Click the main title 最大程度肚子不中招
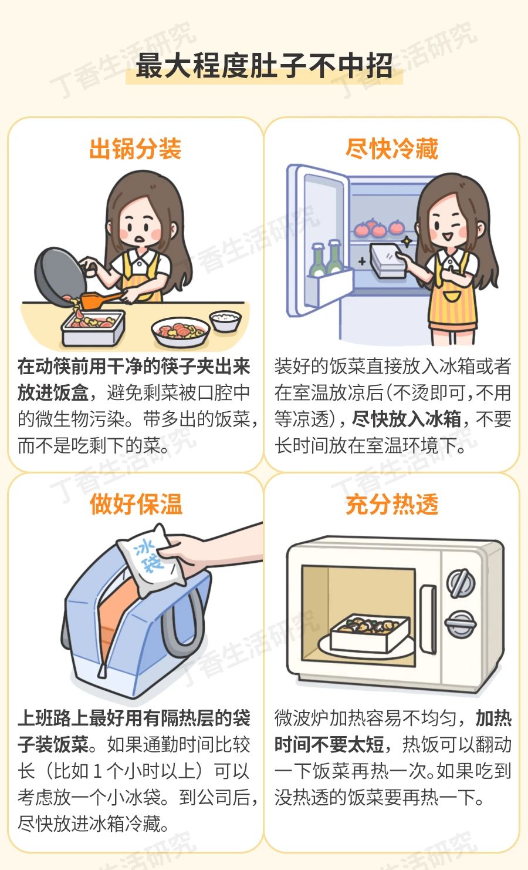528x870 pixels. [x=264, y=65]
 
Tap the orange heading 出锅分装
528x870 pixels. [x=136, y=149]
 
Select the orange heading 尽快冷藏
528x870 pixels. [x=392, y=149]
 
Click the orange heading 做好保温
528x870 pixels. [x=136, y=504]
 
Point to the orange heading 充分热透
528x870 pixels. [x=392, y=504]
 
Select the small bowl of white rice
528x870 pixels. [x=225, y=320]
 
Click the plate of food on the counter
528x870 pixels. [x=180, y=332]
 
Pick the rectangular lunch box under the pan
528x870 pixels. [x=93, y=328]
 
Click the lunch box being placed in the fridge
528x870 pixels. [x=388, y=260]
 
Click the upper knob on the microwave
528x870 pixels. [x=461, y=583]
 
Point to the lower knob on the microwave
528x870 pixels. [x=461, y=624]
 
